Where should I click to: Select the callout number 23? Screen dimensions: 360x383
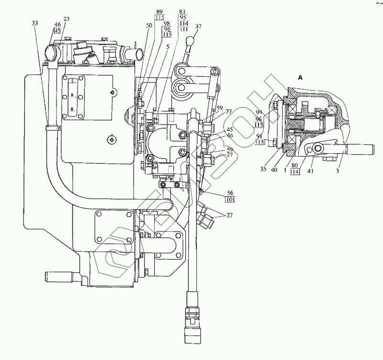point(66,19)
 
